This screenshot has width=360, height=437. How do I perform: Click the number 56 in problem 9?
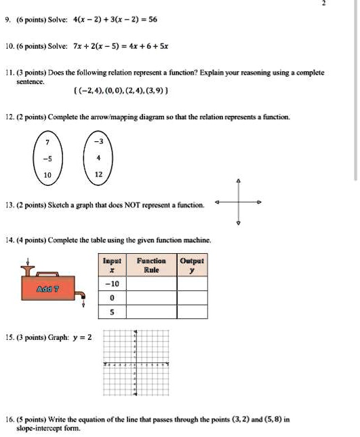click(x=152, y=19)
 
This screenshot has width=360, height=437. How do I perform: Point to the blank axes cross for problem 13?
click(x=237, y=202)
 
